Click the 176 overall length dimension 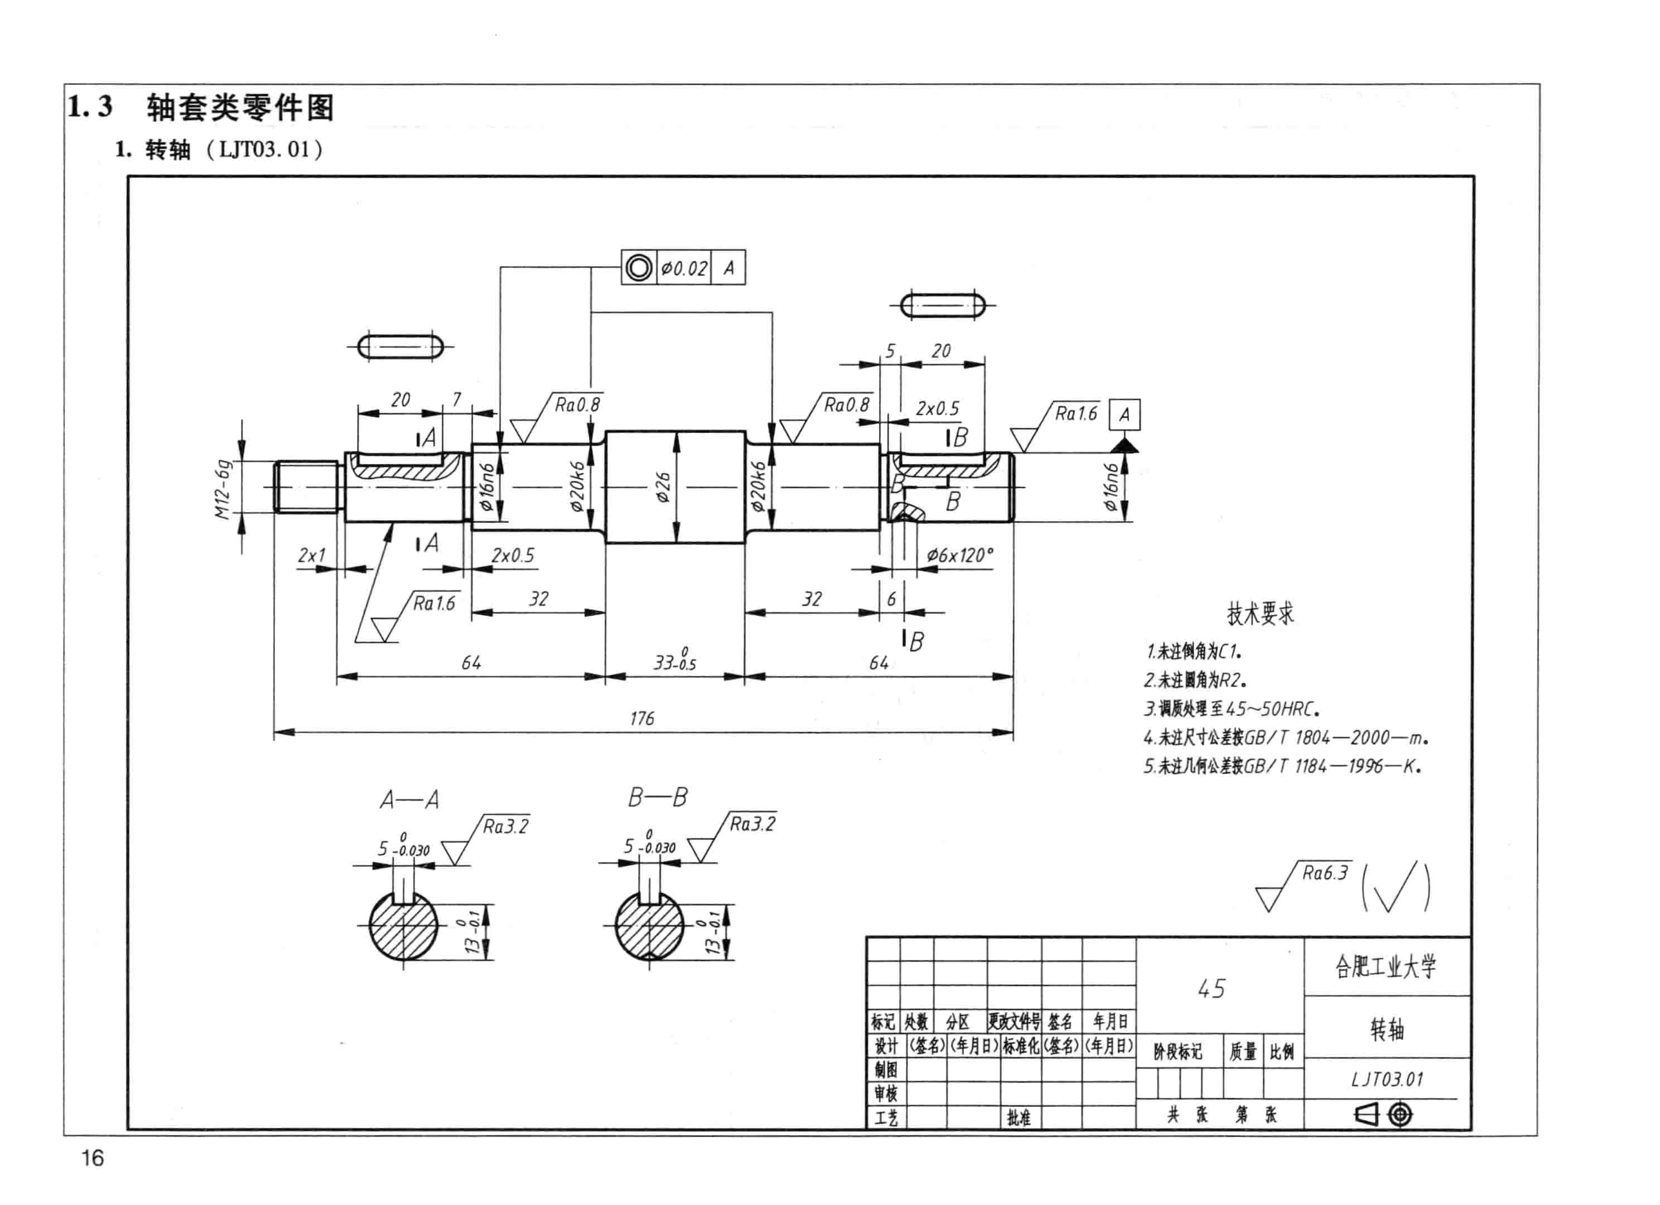(642, 718)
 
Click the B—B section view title (657, 797)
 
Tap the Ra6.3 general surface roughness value (1325, 873)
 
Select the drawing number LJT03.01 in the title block (1387, 1079)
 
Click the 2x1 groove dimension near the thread (312, 556)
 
